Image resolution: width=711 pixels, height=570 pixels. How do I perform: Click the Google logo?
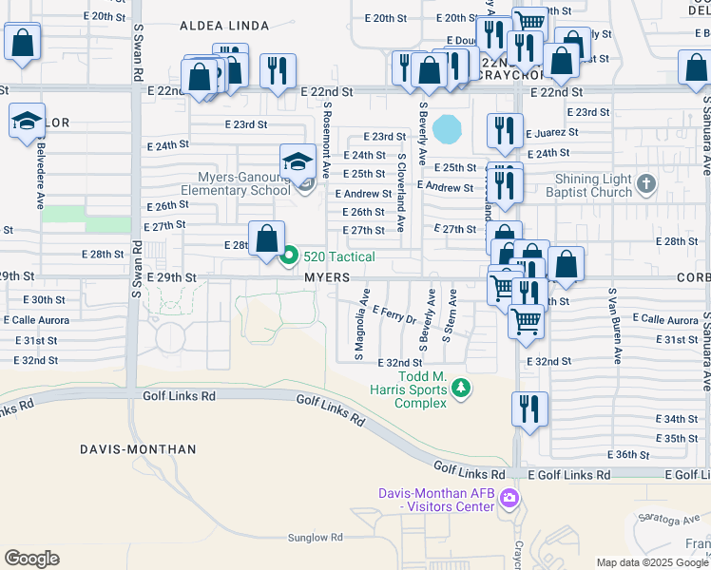31,559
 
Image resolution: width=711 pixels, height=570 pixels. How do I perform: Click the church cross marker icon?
645,183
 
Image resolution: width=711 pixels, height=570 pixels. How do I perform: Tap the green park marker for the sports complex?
461,387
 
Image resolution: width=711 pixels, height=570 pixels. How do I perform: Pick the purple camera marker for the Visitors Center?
509,497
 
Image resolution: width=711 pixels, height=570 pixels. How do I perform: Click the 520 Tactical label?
339,256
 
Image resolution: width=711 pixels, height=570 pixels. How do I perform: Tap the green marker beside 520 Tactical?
291,256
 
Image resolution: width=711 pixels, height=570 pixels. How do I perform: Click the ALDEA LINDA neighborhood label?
218,28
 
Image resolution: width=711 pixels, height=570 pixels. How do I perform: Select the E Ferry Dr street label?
394,313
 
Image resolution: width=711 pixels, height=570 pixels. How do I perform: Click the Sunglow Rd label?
286,537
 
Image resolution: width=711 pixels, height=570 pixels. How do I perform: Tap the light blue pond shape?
446,127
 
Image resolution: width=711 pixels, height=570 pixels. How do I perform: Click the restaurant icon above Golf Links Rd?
529,407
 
